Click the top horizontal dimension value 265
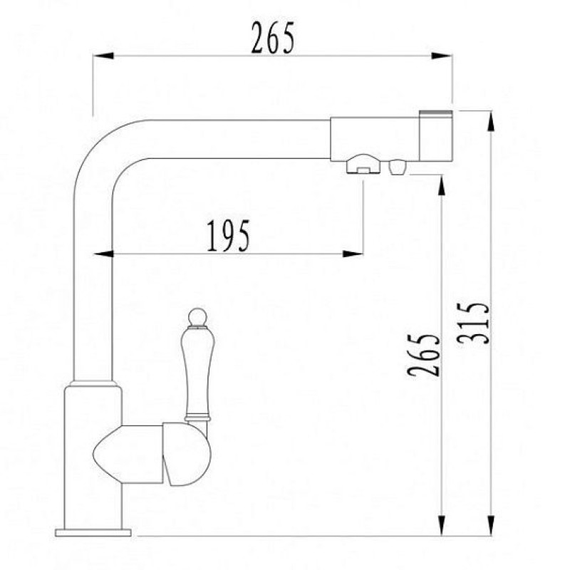point(273,38)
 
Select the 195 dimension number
point(229,236)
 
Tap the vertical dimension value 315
point(473,323)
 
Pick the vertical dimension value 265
point(423,355)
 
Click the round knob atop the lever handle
point(198,316)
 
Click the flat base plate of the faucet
point(93,533)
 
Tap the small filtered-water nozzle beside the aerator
point(398,167)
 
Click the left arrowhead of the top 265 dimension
point(103,56)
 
